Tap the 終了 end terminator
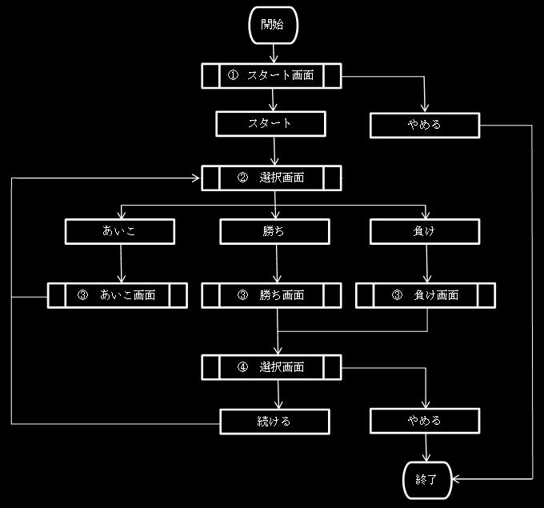[426, 479]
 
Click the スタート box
[271, 124]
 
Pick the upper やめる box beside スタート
[425, 125]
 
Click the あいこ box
[120, 231]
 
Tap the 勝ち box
[274, 231]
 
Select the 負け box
[425, 231]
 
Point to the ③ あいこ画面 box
[118, 295]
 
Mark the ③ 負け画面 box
[425, 295]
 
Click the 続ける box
[274, 421]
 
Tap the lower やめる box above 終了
[425, 421]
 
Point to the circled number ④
[243, 367]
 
